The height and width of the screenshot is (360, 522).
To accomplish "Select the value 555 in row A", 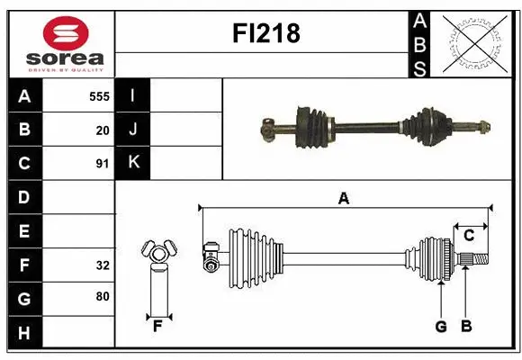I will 99,95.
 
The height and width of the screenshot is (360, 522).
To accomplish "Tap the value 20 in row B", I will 103,130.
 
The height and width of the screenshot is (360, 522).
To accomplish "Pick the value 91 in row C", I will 103,164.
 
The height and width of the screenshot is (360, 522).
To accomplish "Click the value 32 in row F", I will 103,265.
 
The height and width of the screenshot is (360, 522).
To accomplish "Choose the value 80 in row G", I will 103,296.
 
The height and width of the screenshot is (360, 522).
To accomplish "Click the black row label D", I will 24,196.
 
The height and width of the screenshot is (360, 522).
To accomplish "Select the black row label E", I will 24,231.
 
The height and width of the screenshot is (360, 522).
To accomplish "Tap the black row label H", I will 24,333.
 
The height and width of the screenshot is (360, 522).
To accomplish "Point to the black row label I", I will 133,95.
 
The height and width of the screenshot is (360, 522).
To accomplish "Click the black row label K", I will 133,163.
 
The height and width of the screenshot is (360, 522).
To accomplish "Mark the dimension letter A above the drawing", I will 343,198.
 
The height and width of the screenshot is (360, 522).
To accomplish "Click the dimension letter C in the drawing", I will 469,236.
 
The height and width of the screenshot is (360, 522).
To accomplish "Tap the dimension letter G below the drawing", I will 441,327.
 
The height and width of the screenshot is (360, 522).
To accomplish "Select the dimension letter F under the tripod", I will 157,327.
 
